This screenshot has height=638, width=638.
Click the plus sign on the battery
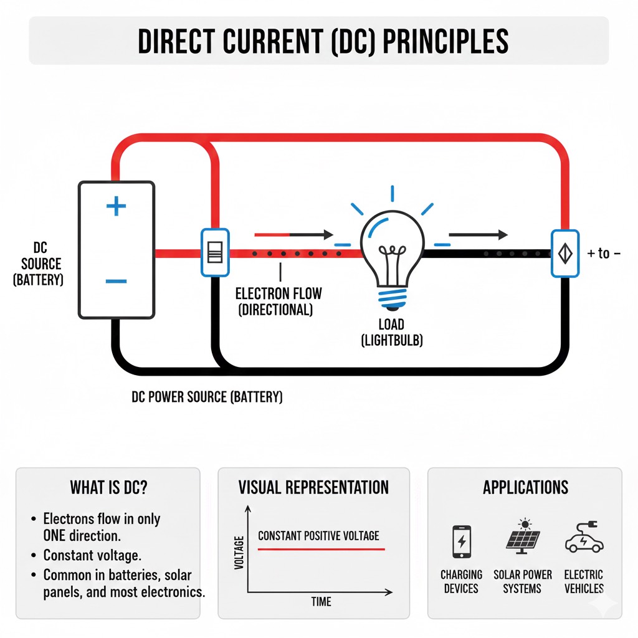116,207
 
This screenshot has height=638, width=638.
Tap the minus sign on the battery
116,282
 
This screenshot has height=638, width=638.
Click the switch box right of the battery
215,252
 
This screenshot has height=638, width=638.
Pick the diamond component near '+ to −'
565,253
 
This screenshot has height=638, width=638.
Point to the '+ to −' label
604,254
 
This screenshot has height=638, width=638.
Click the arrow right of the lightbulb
478,235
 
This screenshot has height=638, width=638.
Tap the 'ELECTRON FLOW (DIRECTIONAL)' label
279,301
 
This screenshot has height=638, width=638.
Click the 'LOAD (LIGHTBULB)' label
391,333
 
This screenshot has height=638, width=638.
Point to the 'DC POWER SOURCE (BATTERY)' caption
207,397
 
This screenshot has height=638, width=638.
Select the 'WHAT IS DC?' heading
108,487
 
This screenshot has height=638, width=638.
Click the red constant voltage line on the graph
321,549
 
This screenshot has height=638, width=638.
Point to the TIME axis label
320,601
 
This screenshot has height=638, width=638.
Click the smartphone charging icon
462,541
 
